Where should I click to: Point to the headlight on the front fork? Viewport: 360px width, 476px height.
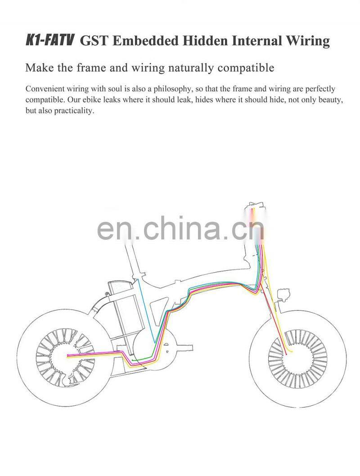click(x=284, y=295)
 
